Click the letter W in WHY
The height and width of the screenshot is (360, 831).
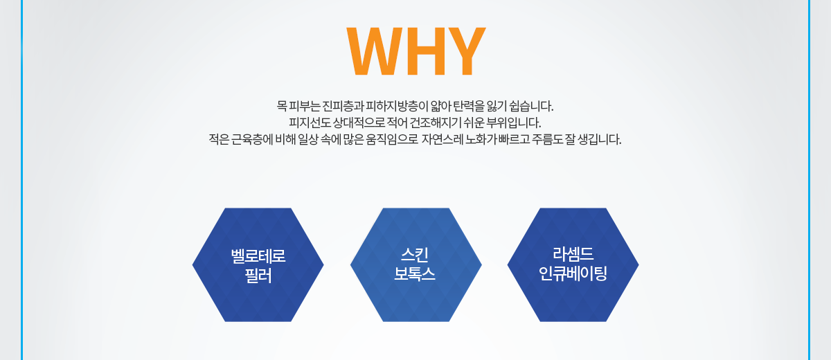click(x=374, y=51)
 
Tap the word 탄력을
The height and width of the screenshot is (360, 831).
click(x=469, y=107)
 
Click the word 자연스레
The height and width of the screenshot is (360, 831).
click(x=443, y=140)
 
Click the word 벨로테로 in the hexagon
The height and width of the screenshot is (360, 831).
click(x=258, y=256)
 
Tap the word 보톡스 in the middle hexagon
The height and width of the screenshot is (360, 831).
click(x=414, y=273)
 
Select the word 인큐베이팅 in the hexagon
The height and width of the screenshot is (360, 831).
click(x=573, y=273)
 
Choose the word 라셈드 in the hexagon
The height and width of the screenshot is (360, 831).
click(x=573, y=254)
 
